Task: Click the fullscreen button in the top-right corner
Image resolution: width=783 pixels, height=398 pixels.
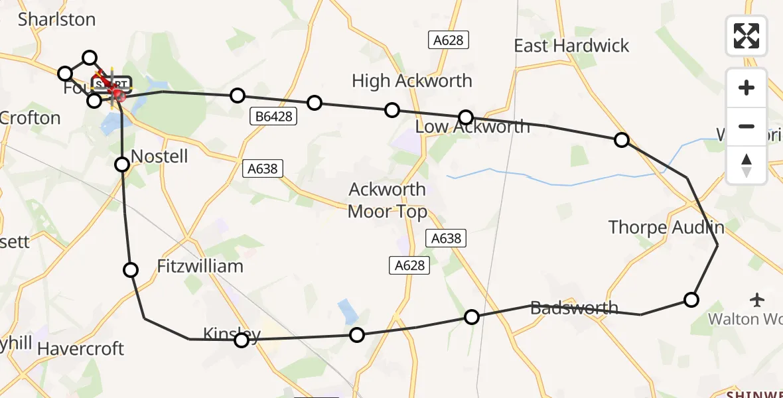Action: coord(747,35)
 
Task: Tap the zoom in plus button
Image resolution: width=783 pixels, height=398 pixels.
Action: coord(747,88)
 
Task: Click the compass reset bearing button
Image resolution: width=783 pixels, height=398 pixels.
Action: coord(747,165)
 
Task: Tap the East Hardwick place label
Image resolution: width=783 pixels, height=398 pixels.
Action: coord(571,46)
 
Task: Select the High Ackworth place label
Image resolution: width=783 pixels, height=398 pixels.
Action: coord(411,81)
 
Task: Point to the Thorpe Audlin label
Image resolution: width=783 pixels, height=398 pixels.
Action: coord(666,228)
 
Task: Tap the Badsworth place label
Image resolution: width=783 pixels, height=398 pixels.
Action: coord(575,308)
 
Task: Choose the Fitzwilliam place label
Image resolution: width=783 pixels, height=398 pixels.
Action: coord(200,266)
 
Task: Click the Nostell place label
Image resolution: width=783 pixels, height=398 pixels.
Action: coord(160,157)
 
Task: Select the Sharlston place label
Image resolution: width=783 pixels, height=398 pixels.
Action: coord(57,20)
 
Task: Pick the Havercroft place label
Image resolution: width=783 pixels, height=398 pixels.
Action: coord(81,349)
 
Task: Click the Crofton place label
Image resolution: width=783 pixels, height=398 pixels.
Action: coord(31,118)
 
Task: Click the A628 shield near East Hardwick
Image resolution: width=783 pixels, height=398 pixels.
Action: coord(448,40)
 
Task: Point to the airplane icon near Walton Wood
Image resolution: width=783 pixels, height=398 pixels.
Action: coord(757,300)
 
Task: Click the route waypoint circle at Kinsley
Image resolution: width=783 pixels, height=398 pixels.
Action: coord(242,340)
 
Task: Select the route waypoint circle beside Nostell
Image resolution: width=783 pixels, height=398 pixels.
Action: coord(122,164)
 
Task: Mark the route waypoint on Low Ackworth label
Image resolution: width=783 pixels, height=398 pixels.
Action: coord(466,117)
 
